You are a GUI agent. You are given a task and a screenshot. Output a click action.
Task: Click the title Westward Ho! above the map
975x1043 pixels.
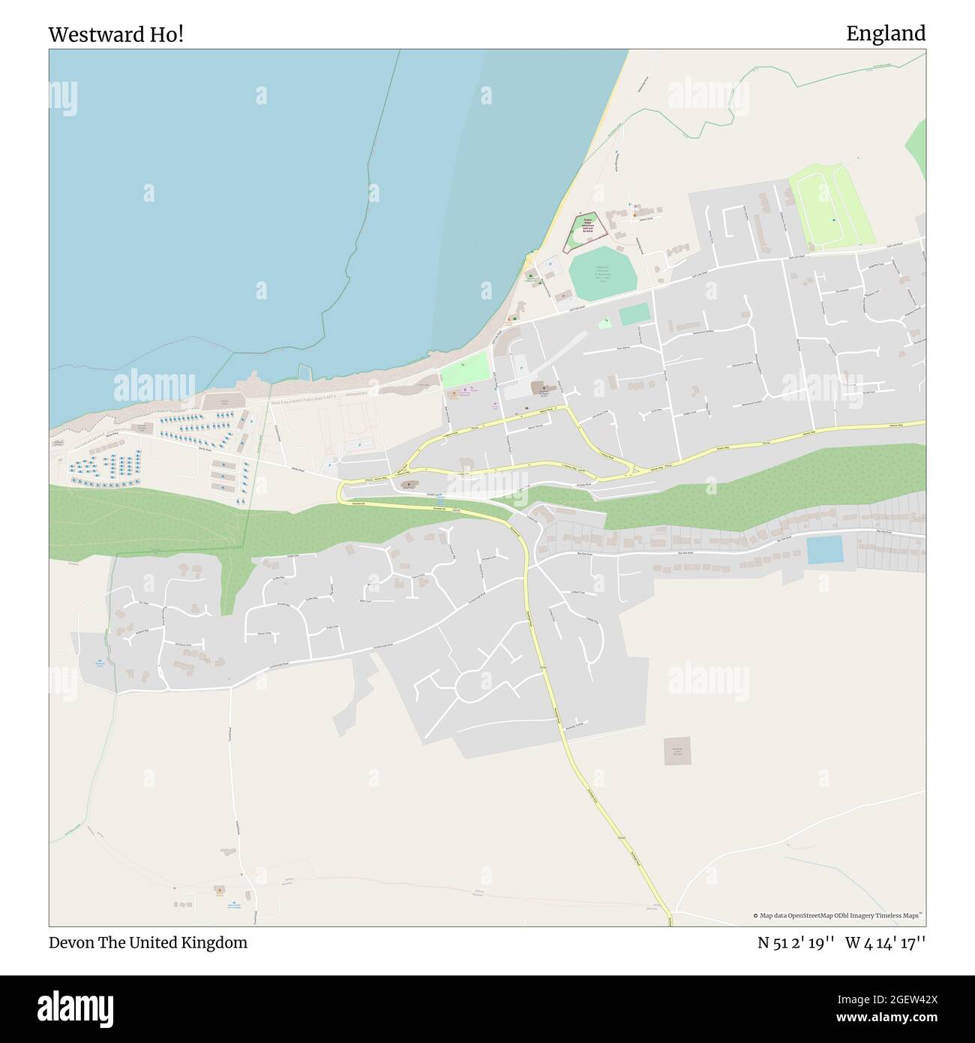115,35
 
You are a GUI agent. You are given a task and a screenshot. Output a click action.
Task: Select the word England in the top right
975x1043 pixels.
886,34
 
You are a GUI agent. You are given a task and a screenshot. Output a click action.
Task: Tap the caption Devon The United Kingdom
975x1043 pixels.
148,942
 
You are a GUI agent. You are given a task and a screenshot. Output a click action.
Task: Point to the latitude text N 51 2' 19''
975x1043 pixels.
796,942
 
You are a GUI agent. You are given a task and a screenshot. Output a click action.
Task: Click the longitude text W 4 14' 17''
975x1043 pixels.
886,942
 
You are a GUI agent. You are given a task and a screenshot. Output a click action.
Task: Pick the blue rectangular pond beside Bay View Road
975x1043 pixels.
824,552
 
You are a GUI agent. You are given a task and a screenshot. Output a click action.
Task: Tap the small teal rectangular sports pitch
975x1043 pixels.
634,314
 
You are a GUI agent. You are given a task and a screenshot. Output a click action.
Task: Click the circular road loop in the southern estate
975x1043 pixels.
478,685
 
